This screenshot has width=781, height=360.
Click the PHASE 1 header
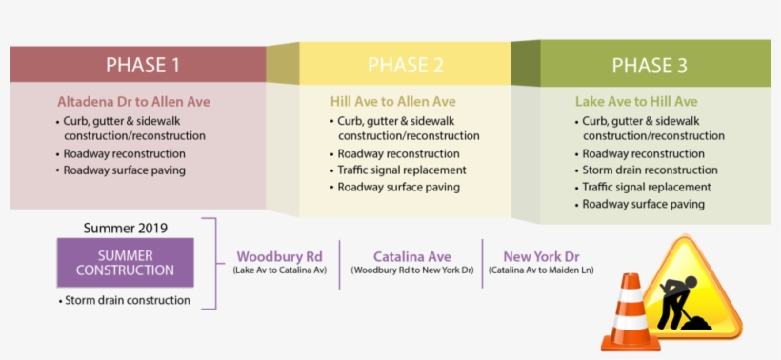click(x=143, y=65)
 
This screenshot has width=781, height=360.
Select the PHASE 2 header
click(x=406, y=65)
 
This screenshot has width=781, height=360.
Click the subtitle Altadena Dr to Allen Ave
click(x=133, y=101)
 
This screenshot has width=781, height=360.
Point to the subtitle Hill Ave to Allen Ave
click(x=392, y=101)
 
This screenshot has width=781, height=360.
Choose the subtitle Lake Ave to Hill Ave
click(x=636, y=101)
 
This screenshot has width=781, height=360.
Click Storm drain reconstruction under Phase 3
click(x=650, y=170)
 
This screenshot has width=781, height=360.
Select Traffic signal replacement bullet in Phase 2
click(x=402, y=170)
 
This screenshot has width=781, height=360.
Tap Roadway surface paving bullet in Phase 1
click(x=125, y=170)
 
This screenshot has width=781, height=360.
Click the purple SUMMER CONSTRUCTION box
click(x=125, y=263)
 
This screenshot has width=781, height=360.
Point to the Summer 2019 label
click(x=125, y=228)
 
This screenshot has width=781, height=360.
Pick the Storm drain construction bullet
click(x=128, y=300)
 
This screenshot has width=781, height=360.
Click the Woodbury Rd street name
click(x=279, y=256)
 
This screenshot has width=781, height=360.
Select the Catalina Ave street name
click(x=411, y=256)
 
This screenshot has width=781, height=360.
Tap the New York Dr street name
click(x=541, y=256)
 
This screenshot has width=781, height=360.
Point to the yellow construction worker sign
click(x=692, y=289)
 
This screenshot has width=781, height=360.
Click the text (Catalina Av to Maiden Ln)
click(x=540, y=270)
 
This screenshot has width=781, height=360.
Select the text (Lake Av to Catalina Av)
click(x=279, y=270)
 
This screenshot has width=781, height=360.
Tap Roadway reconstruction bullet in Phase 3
click(x=643, y=153)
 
